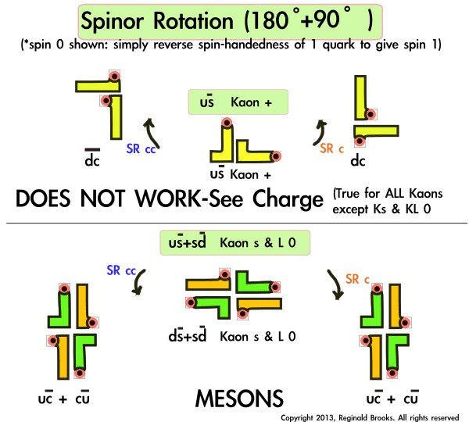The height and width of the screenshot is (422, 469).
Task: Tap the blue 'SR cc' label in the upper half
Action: pos(141,147)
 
